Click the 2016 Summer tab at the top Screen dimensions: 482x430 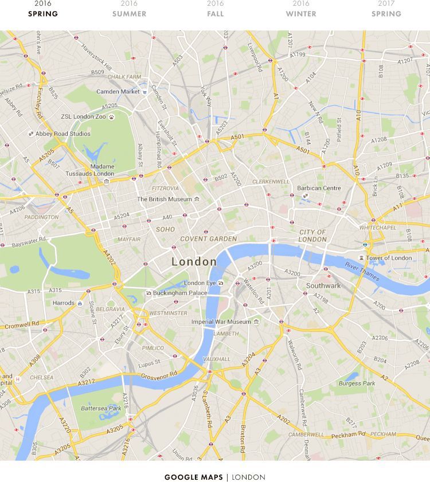click(x=129, y=9)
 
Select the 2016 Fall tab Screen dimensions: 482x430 click(x=215, y=9)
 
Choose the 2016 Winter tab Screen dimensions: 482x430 click(x=301, y=9)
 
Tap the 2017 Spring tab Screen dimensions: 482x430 click(x=386, y=9)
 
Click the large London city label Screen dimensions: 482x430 click(x=194, y=262)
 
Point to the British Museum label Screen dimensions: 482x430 click(x=165, y=199)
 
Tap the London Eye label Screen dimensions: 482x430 click(x=200, y=283)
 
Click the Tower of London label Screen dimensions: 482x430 click(x=389, y=258)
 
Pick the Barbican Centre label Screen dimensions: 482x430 click(x=319, y=188)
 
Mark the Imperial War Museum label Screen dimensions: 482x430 click(x=221, y=322)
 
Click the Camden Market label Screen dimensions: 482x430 click(x=118, y=92)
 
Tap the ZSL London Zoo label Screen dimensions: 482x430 click(x=84, y=117)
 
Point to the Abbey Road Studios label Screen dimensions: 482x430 click(x=62, y=134)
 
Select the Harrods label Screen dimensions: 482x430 click(x=63, y=303)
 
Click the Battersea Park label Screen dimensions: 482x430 click(x=101, y=409)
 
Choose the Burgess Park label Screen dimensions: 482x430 click(x=357, y=383)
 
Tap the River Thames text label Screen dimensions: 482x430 click(x=362, y=271)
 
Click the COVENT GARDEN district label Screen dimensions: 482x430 click(x=208, y=239)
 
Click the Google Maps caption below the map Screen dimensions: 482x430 click(x=215, y=477)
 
